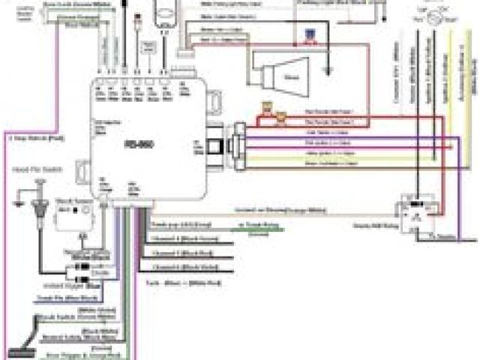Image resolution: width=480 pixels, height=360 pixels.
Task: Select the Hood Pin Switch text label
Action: (x=31, y=172)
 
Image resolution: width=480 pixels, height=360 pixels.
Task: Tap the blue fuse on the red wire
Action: (x=309, y=34)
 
